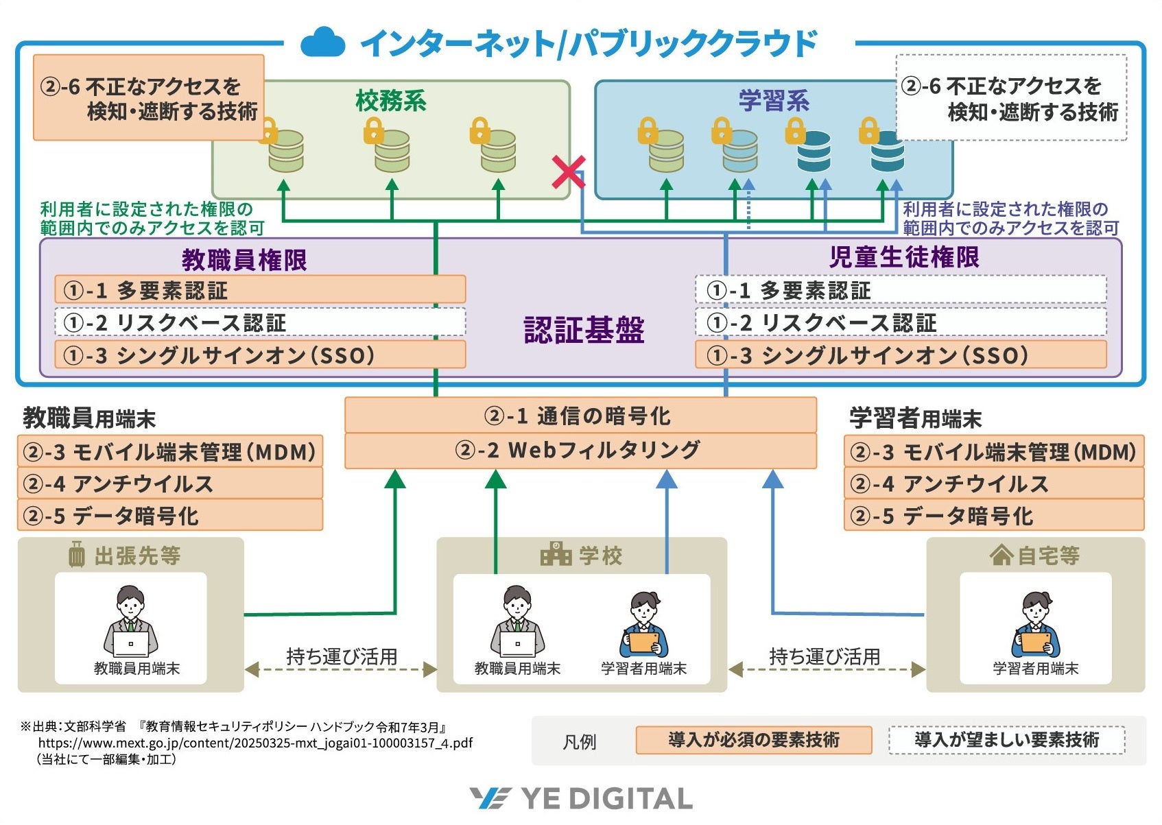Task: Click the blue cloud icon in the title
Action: click(322, 43)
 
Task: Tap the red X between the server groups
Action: click(569, 172)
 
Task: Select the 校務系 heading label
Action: click(390, 101)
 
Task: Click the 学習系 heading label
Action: click(773, 101)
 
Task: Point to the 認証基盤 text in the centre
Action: click(584, 330)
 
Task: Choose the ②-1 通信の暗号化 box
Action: click(580, 416)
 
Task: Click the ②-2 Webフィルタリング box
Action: click(580, 451)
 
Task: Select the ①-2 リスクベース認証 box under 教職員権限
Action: click(260, 322)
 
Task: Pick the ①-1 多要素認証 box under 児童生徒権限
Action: click(901, 290)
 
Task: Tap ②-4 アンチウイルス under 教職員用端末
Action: click(169, 484)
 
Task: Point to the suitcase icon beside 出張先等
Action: click(77, 554)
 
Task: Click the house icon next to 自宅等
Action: click(1001, 555)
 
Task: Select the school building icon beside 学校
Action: click(556, 554)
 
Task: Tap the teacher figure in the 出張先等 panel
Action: click(130, 621)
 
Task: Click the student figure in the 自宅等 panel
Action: click(1035, 624)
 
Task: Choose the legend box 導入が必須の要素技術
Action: click(753, 740)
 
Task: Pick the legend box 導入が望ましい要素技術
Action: click(1006, 740)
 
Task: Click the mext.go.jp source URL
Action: click(255, 743)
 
